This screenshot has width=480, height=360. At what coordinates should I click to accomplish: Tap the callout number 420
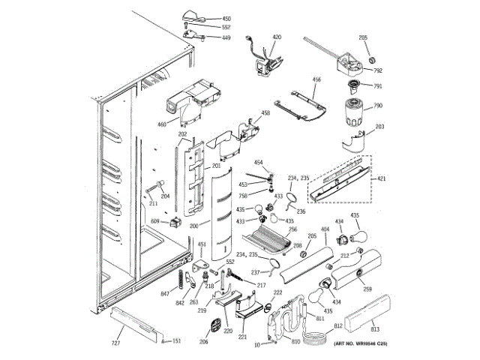(x=277, y=37)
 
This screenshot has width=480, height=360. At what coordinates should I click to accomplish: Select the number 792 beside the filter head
(x=379, y=72)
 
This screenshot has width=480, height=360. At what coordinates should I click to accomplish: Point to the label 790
(x=378, y=106)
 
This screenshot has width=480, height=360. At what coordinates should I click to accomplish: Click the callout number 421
(x=382, y=178)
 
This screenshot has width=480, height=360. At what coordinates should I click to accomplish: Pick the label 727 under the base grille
(x=116, y=343)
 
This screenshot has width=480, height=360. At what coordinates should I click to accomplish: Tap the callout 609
(x=155, y=221)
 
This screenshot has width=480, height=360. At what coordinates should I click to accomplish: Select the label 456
(x=316, y=79)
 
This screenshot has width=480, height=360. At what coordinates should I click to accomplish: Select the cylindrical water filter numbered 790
(x=353, y=110)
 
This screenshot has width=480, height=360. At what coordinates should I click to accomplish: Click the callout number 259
(x=367, y=289)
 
